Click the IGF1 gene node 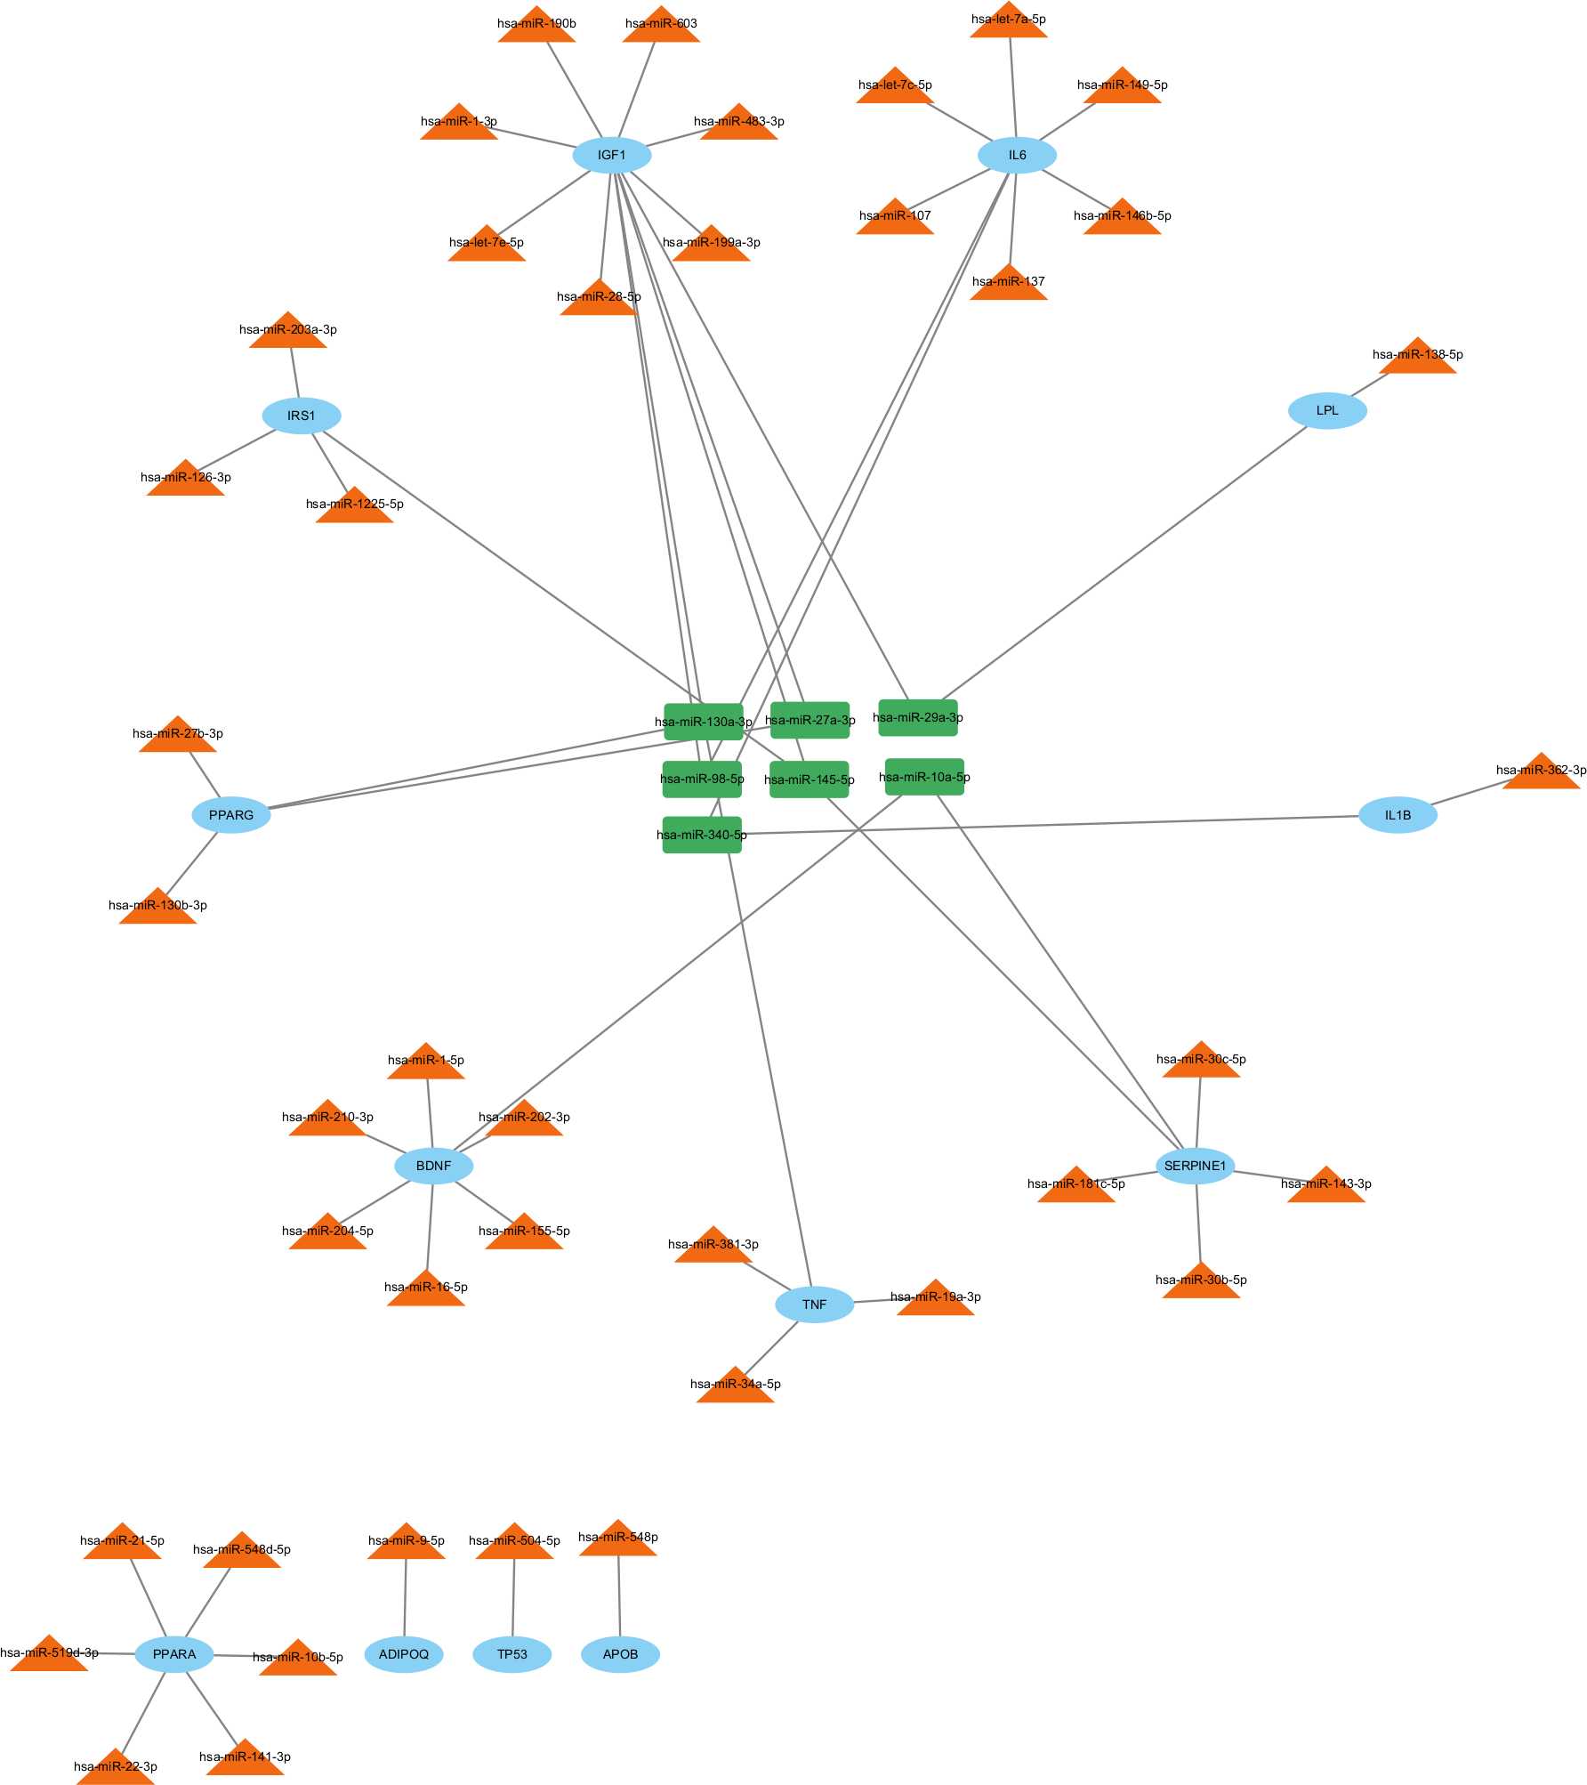(x=611, y=155)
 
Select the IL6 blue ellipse (x=1017, y=155)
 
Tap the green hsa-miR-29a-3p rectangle (x=918, y=717)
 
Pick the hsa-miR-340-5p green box (x=702, y=835)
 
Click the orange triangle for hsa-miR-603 (x=661, y=28)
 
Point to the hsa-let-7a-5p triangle (x=1008, y=23)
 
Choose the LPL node (x=1327, y=410)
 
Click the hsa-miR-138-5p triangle (x=1417, y=359)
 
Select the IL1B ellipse (x=1398, y=815)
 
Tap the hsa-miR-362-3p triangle (x=1541, y=774)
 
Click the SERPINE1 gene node (x=1195, y=1166)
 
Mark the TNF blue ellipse (x=814, y=1304)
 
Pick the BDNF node (x=433, y=1166)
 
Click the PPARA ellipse (x=174, y=1654)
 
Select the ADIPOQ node (x=404, y=1654)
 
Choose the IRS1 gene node (x=301, y=416)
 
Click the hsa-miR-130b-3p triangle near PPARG (x=157, y=909)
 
